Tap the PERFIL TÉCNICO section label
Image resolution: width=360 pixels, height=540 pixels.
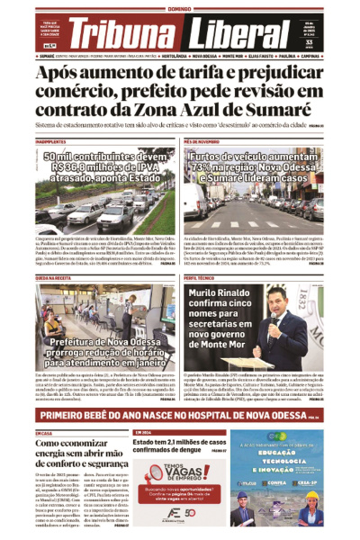pyautogui.click(x=199, y=279)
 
